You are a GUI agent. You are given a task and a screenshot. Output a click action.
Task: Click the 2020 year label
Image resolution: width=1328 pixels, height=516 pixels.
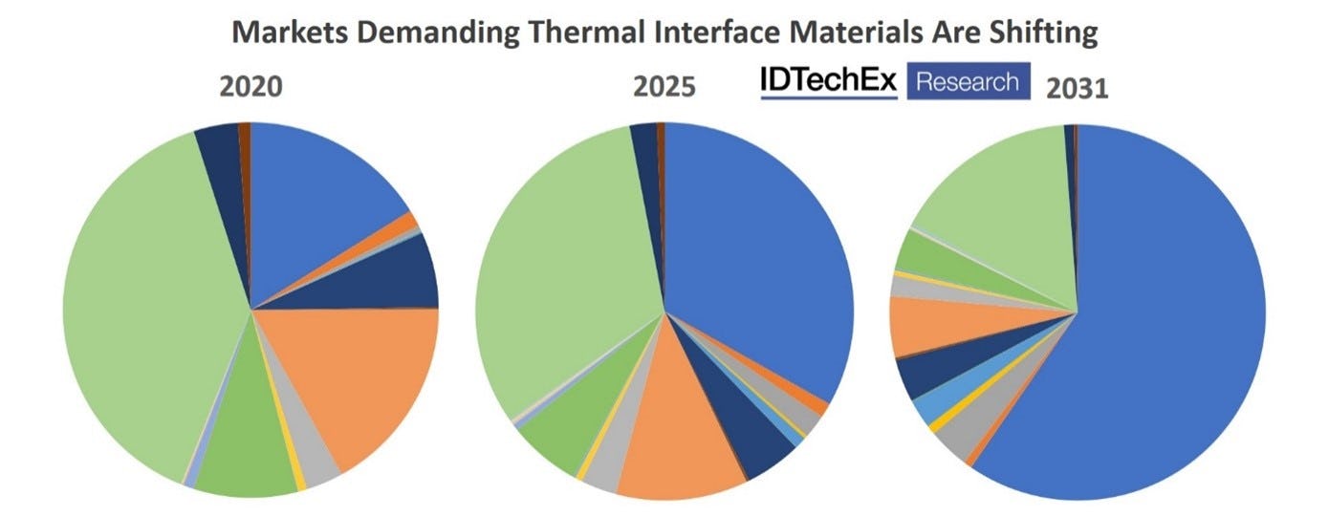pos(251,87)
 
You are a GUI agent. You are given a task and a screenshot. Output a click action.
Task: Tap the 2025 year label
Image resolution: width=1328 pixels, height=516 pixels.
pos(664,87)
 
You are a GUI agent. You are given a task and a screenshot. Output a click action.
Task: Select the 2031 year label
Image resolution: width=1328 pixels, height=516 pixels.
pos(1077,89)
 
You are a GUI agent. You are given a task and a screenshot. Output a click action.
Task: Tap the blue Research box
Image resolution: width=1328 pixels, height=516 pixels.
pos(968,81)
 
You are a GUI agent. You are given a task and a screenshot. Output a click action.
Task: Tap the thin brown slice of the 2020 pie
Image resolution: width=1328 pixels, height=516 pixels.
pos(245,136)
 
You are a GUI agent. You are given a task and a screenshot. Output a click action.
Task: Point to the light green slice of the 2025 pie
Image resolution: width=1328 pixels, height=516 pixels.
pos(564,277)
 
